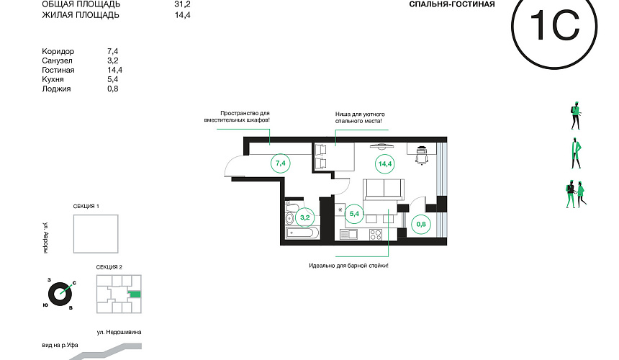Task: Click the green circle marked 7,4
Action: click(x=281, y=163)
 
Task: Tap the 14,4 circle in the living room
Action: click(x=385, y=164)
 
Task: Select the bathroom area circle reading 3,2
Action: click(x=304, y=217)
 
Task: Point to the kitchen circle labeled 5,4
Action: click(x=354, y=214)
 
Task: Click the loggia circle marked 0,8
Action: click(x=421, y=224)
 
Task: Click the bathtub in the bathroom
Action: click(x=302, y=233)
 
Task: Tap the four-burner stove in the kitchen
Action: click(x=376, y=235)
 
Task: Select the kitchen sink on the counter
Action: click(x=348, y=235)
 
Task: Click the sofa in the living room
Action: click(x=384, y=189)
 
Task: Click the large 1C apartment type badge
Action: click(x=554, y=27)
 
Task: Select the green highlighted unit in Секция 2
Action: click(x=135, y=294)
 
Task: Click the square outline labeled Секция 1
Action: click(x=96, y=234)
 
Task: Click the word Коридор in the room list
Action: click(x=58, y=51)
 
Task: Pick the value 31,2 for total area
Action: click(x=182, y=4)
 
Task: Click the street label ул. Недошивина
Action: click(x=119, y=333)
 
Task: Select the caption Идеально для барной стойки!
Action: click(x=348, y=266)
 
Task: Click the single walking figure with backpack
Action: click(x=576, y=116)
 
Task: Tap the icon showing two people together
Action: click(x=576, y=194)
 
